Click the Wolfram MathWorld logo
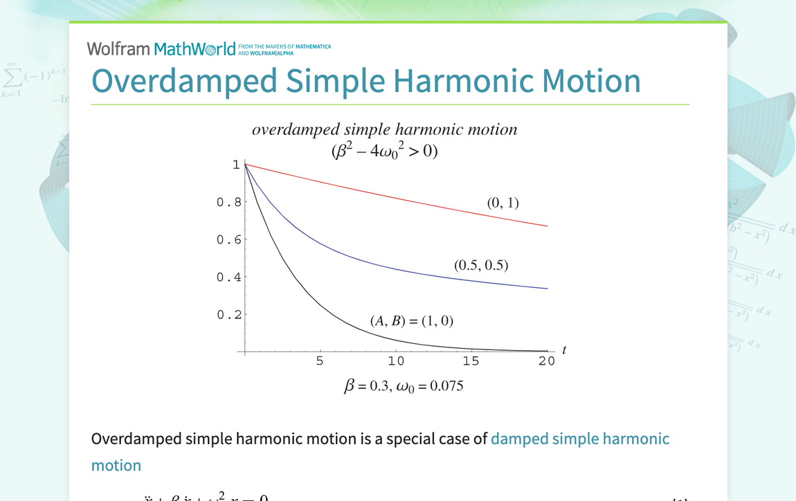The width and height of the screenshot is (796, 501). tap(161, 48)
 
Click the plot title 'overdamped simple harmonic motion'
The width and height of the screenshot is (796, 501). tap(384, 129)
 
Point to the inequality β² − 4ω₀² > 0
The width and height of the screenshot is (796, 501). tap(384, 151)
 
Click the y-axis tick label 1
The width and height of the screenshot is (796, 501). tap(236, 165)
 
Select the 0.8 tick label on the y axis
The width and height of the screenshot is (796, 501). tap(229, 202)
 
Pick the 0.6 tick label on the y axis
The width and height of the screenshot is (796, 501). tap(229, 239)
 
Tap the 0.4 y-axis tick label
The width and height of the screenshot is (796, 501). tap(229, 277)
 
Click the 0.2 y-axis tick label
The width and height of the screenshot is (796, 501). tap(229, 314)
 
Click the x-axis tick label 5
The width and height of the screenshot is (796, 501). tap(320, 361)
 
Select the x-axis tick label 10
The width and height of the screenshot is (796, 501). tap(396, 361)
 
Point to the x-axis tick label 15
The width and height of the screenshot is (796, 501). tap(471, 361)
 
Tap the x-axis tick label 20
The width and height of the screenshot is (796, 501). tap(547, 361)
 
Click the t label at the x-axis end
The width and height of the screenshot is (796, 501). tap(564, 349)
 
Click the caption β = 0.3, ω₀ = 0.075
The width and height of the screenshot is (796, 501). tap(404, 386)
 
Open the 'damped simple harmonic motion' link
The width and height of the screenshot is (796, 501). tap(580, 439)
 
